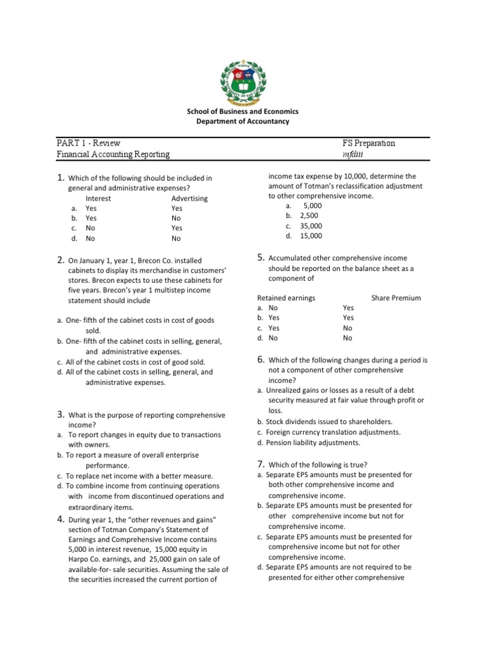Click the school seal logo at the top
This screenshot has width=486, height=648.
point(243,78)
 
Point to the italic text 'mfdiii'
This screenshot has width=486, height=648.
point(352,154)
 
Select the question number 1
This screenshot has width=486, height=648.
point(60,178)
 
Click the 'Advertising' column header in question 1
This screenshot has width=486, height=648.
point(189,198)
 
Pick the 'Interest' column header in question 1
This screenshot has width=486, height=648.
point(98,198)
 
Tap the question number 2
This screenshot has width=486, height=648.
point(60,259)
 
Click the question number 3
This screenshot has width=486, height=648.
point(60,414)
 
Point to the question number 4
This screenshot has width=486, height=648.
point(60,519)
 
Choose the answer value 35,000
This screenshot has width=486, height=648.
point(311,226)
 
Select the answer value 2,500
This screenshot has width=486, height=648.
point(309,216)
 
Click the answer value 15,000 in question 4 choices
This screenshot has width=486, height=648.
point(311,236)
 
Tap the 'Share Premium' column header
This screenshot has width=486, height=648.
point(396,298)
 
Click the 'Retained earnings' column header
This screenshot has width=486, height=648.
point(286,298)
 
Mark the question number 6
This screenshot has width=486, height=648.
point(260,359)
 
